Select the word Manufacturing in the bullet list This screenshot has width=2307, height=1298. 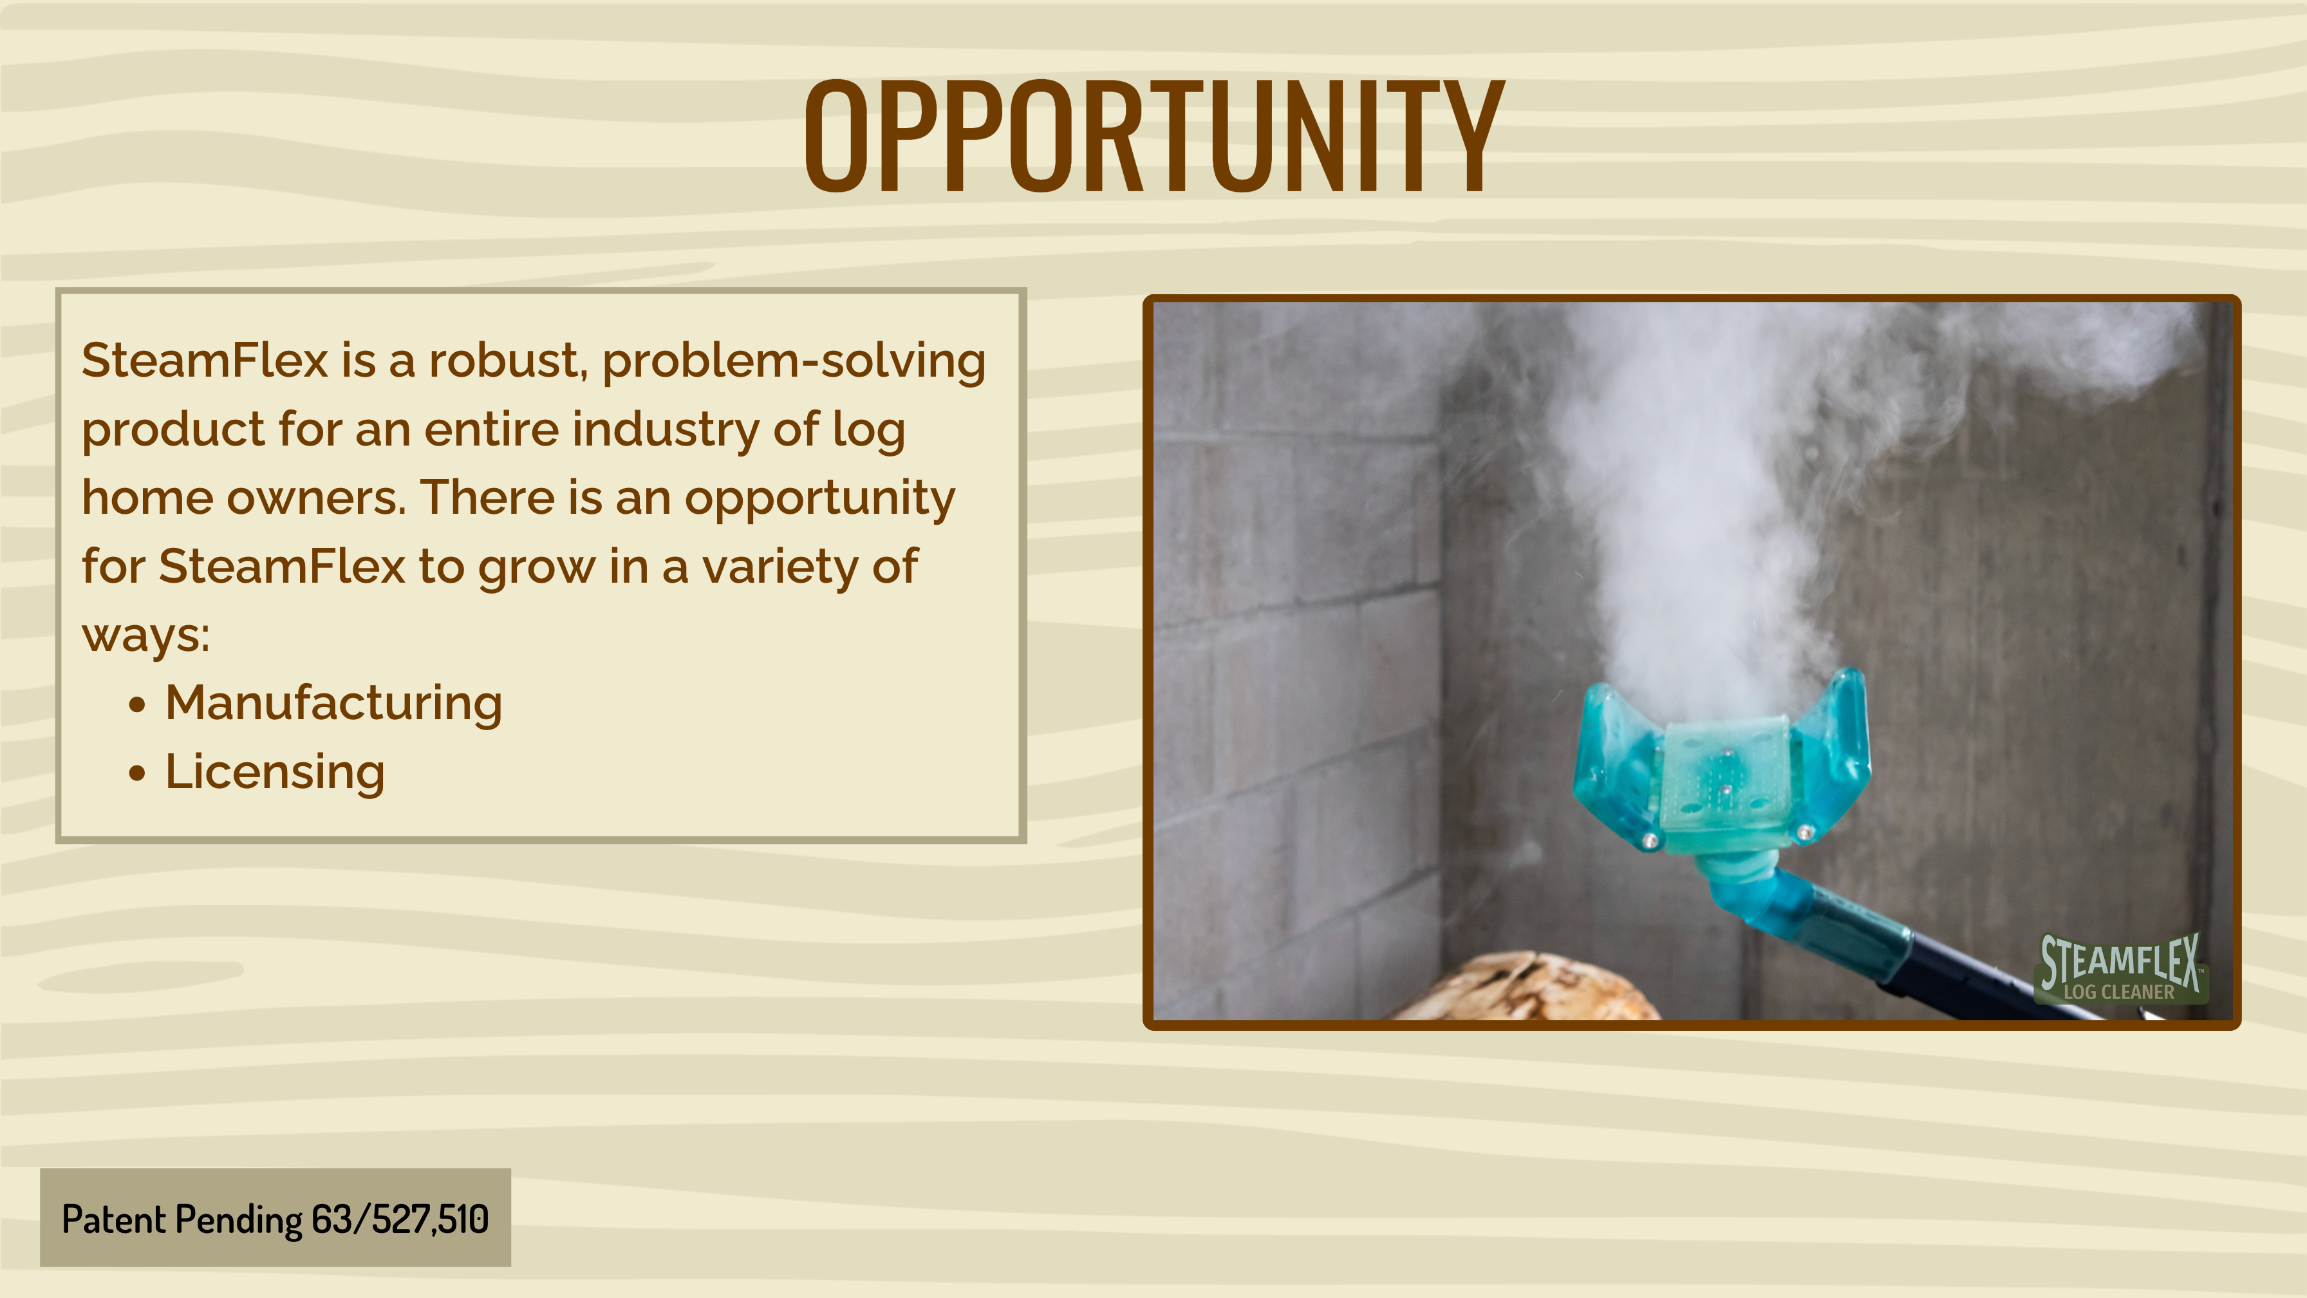(x=333, y=703)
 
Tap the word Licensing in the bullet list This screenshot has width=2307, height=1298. (x=275, y=772)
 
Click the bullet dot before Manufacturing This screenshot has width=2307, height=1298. (x=136, y=705)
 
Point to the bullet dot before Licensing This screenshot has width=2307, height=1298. (x=136, y=773)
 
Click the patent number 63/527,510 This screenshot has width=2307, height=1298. (x=400, y=1219)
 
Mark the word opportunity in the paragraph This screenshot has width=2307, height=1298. (x=819, y=499)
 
